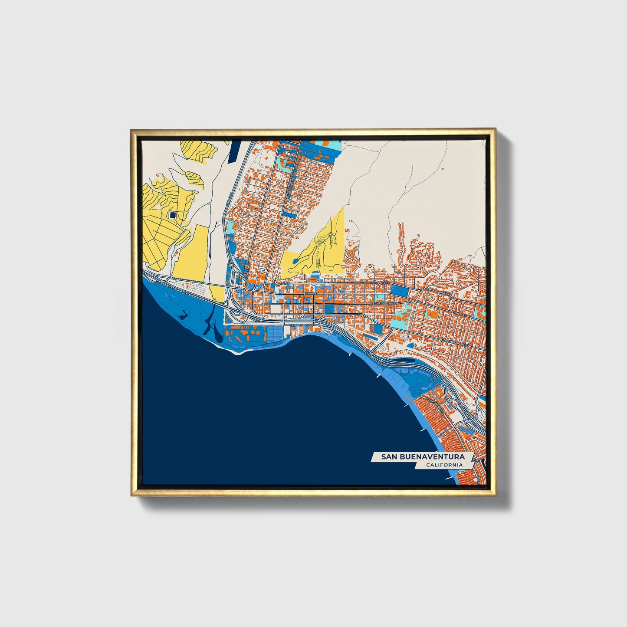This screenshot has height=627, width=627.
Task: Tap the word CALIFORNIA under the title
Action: click(444, 465)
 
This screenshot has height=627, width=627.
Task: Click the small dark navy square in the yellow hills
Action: click(173, 215)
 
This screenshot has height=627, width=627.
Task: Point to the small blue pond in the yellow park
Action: click(295, 261)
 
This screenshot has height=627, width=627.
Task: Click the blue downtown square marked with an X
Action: click(330, 309)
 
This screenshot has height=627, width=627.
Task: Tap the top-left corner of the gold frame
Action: click(132, 130)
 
